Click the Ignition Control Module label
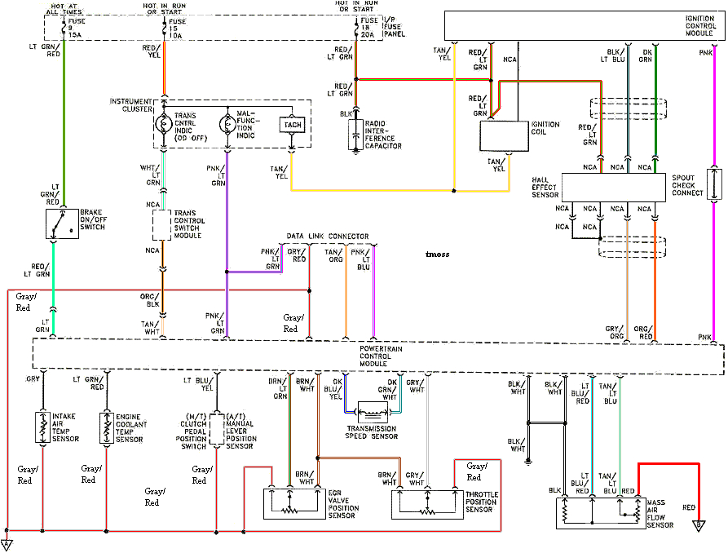pos(700,26)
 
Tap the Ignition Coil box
pos(505,135)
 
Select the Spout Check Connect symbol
pos(714,184)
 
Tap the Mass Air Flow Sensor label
pos(660,514)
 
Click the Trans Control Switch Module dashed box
pos(161,224)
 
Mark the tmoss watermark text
pos(437,254)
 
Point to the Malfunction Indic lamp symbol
pos(227,124)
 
